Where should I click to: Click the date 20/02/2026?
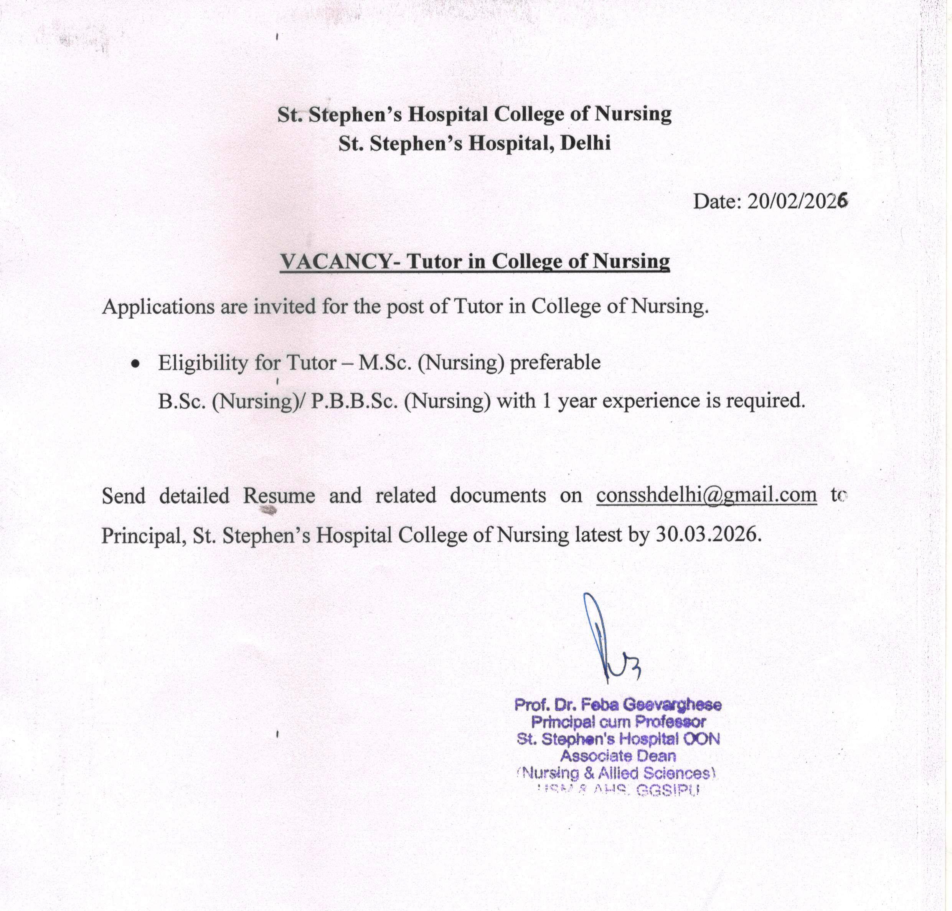797,201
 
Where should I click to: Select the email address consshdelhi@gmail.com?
706,495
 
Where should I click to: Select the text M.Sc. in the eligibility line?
385,362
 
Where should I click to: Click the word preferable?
555,362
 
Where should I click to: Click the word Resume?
279,495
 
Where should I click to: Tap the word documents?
498,495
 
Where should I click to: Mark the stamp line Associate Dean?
617,756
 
